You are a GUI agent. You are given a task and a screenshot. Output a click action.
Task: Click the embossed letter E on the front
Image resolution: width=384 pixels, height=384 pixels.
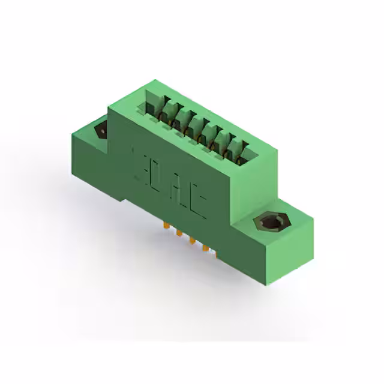click(138, 161)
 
